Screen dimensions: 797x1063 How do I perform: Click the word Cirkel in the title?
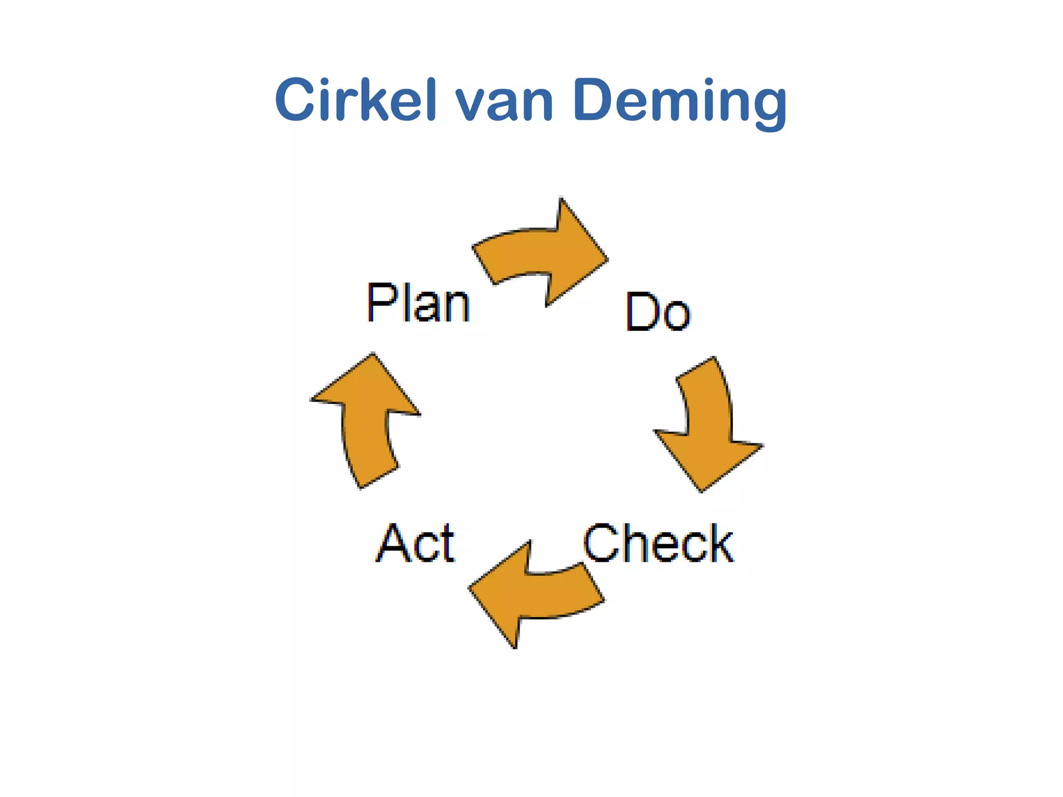click(x=355, y=100)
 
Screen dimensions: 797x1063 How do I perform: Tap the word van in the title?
click(x=504, y=102)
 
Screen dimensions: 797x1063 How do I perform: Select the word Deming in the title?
click(x=680, y=101)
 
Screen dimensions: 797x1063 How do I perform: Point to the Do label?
click(x=658, y=312)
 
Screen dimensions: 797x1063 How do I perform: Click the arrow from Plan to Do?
click(x=540, y=254)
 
